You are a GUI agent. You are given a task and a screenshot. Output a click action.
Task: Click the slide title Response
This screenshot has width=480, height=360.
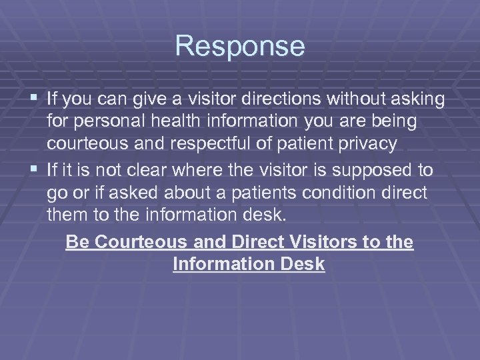click(x=240, y=47)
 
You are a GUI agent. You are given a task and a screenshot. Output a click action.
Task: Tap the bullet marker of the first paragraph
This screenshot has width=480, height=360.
click(x=35, y=99)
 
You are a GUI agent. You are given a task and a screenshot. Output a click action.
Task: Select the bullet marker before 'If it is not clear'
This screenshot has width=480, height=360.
click(x=35, y=170)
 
